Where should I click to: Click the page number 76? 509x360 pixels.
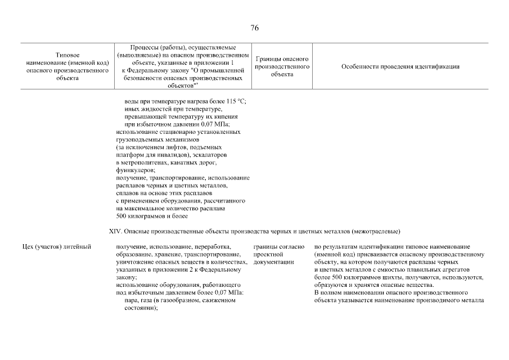point(254,28)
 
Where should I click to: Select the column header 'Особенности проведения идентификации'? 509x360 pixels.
point(400,67)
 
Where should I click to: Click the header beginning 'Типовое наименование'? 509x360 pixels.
point(67,67)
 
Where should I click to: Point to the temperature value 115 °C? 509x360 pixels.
point(237,101)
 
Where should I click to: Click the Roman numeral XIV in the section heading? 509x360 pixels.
point(114,231)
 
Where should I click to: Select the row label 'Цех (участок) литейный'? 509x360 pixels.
point(54,247)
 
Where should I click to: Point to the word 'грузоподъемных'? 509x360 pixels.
point(139,139)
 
